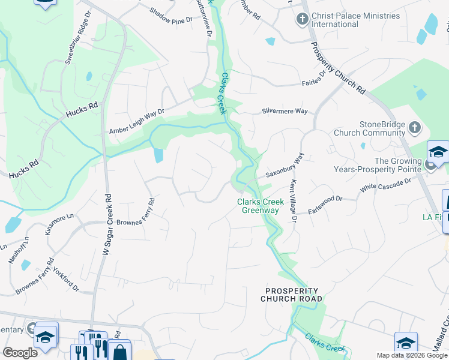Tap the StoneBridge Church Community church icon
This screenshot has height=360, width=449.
(414, 128)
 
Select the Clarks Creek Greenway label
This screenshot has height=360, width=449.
(260, 206)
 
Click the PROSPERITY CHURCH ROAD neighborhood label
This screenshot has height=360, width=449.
(292, 294)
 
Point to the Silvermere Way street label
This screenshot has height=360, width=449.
(285, 112)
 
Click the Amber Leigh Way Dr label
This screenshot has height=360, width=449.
(136, 122)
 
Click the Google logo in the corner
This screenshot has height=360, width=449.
(20, 353)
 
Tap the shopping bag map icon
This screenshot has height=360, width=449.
(119, 352)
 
